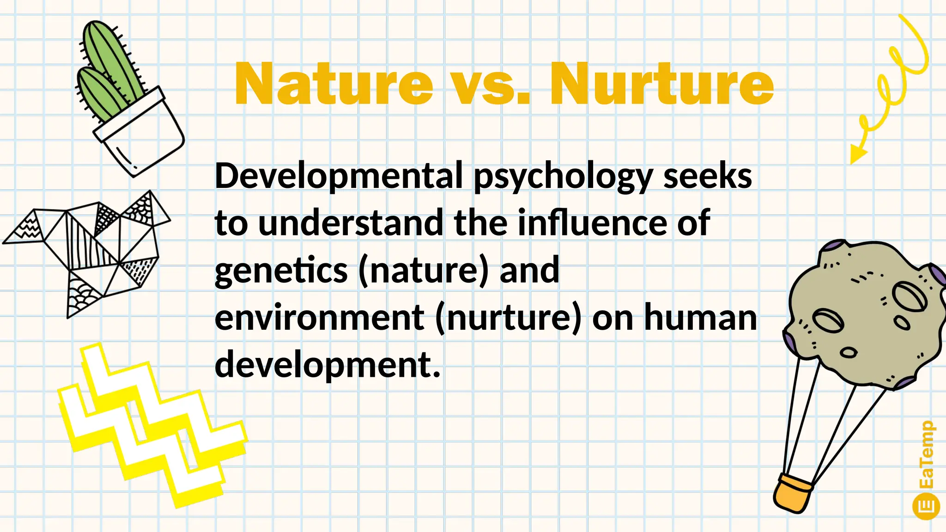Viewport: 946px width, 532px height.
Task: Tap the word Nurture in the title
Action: pos(661,84)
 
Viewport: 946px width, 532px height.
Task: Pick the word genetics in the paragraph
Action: pos(281,271)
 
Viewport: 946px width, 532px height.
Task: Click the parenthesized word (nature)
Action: pos(423,271)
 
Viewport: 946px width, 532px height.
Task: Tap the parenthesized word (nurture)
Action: pos(508,318)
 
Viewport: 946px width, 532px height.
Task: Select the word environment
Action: pos(319,318)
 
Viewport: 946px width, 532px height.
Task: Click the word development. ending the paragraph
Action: pos(327,365)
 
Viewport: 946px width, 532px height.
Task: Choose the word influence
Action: pos(593,224)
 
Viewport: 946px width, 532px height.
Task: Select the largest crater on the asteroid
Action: pos(909,296)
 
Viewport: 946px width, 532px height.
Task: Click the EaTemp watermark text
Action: pos(926,455)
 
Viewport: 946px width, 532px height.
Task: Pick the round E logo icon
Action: pos(926,506)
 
